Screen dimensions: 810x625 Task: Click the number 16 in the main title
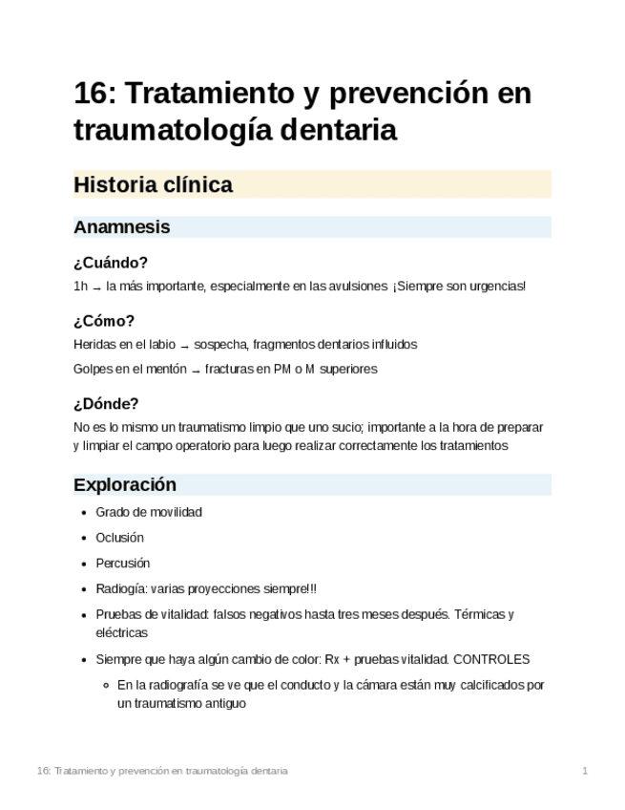(93, 95)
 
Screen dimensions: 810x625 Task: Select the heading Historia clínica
(153, 185)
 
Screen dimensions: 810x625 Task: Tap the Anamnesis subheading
(121, 227)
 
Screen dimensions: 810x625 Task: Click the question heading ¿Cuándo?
(110, 263)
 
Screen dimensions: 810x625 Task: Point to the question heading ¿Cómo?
(104, 321)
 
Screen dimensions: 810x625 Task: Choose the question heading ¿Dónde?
(106, 404)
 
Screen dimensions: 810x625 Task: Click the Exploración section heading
(125, 484)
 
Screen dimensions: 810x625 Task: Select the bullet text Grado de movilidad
(148, 512)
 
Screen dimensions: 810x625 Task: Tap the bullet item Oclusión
(119, 538)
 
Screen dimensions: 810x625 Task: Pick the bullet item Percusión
(123, 564)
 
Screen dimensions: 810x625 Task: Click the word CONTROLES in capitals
(491, 659)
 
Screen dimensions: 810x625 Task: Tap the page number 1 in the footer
(585, 770)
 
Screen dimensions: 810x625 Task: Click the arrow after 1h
(96, 288)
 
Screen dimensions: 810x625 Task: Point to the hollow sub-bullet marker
(106, 685)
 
